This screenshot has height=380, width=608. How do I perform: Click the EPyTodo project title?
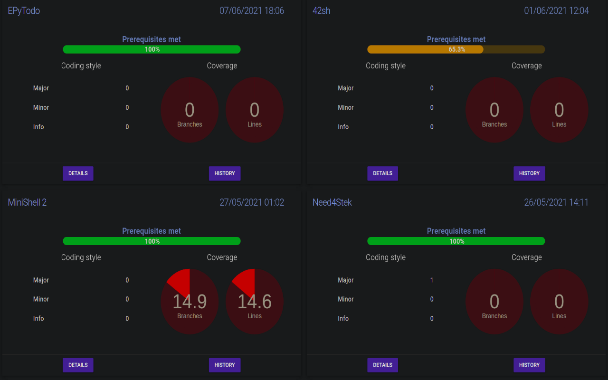click(x=24, y=11)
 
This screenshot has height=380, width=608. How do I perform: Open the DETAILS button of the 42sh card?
click(x=382, y=173)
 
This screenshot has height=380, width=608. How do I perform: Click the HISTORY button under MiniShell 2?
click(x=225, y=365)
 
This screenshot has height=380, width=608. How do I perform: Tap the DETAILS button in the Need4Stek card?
click(x=382, y=365)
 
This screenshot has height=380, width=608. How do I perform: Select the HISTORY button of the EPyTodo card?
click(x=225, y=173)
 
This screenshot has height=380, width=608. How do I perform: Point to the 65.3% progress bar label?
click(x=456, y=49)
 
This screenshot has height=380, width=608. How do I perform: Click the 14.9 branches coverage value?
click(x=190, y=302)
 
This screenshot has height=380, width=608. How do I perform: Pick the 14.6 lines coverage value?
click(x=255, y=302)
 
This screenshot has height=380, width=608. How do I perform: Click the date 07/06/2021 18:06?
click(x=252, y=11)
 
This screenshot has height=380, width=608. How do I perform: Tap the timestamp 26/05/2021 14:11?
click(x=556, y=202)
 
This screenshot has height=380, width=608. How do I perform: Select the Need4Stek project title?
click(x=332, y=202)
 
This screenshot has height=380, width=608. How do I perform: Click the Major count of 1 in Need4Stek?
click(x=432, y=280)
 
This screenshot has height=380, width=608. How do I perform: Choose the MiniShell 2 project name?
click(x=27, y=202)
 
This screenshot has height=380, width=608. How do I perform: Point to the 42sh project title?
click(x=321, y=11)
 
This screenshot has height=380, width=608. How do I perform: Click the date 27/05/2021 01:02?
click(x=252, y=202)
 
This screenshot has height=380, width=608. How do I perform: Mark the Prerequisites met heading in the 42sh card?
click(x=456, y=39)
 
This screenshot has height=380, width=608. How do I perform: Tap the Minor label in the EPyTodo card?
click(x=41, y=107)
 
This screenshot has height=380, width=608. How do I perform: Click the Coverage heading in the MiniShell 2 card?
click(x=222, y=257)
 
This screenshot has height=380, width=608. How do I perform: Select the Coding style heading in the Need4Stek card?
click(x=386, y=257)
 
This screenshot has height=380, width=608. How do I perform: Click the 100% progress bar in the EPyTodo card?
click(x=152, y=49)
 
